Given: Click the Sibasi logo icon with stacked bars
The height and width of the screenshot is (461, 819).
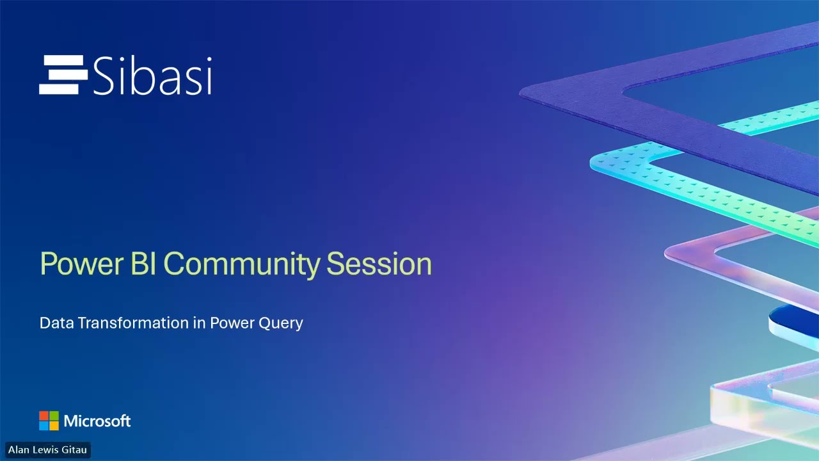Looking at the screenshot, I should (x=63, y=75).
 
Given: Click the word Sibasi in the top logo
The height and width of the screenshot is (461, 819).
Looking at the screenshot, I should (x=152, y=76).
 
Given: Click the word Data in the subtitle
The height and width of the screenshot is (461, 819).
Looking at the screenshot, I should (x=56, y=323).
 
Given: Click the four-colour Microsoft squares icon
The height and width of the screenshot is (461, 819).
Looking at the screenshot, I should (x=49, y=421).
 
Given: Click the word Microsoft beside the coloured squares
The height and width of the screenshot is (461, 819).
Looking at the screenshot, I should (x=97, y=421).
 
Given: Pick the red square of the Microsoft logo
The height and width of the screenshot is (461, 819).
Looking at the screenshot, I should (x=44, y=416).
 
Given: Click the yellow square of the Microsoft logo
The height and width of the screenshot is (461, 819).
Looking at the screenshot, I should (x=54, y=426).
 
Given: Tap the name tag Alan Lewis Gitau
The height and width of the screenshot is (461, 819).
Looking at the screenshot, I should (x=47, y=450).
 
